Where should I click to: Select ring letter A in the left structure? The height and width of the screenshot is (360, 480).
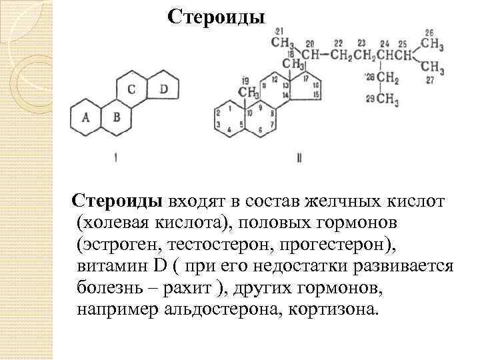tap(85, 117)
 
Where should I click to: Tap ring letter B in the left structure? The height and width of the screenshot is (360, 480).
tap(117, 117)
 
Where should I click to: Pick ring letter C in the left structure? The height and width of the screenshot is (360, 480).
tap(132, 90)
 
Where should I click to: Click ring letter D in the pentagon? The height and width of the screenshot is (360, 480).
tap(164, 90)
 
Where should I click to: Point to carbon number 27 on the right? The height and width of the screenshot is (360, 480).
tap(430, 80)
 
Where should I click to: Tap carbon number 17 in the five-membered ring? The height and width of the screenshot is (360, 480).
tap(306, 77)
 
